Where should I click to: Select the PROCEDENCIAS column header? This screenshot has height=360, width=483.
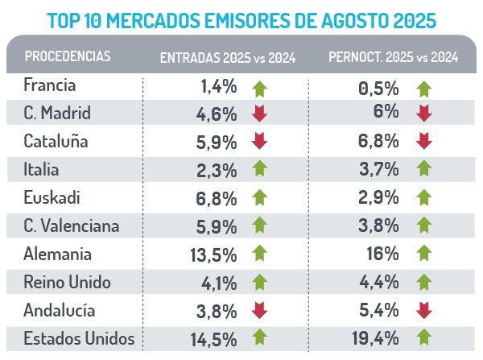click(x=68, y=56)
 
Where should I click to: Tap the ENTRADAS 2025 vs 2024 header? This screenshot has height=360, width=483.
click(x=228, y=57)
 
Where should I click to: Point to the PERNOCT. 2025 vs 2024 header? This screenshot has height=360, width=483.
click(x=394, y=57)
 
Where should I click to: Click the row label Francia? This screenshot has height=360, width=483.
click(x=51, y=85)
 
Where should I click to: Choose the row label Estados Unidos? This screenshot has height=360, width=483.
click(x=79, y=337)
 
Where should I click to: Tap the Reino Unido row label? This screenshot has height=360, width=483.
click(x=68, y=282)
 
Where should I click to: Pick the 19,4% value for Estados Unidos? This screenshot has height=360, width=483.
click(x=377, y=338)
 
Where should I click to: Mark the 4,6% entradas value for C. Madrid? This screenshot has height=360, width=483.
click(x=217, y=114)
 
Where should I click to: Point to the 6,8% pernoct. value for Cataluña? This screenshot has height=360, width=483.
click(x=379, y=143)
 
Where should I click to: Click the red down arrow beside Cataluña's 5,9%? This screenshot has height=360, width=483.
click(x=259, y=143)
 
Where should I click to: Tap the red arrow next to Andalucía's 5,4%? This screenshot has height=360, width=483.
click(x=424, y=310)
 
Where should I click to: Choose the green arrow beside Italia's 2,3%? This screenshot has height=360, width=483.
click(x=259, y=170)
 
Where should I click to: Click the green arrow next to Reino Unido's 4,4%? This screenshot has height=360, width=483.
click(x=424, y=282)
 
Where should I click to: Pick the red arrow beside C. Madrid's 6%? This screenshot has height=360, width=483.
click(x=424, y=114)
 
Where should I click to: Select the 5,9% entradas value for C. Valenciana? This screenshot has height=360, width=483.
click(x=217, y=226)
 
